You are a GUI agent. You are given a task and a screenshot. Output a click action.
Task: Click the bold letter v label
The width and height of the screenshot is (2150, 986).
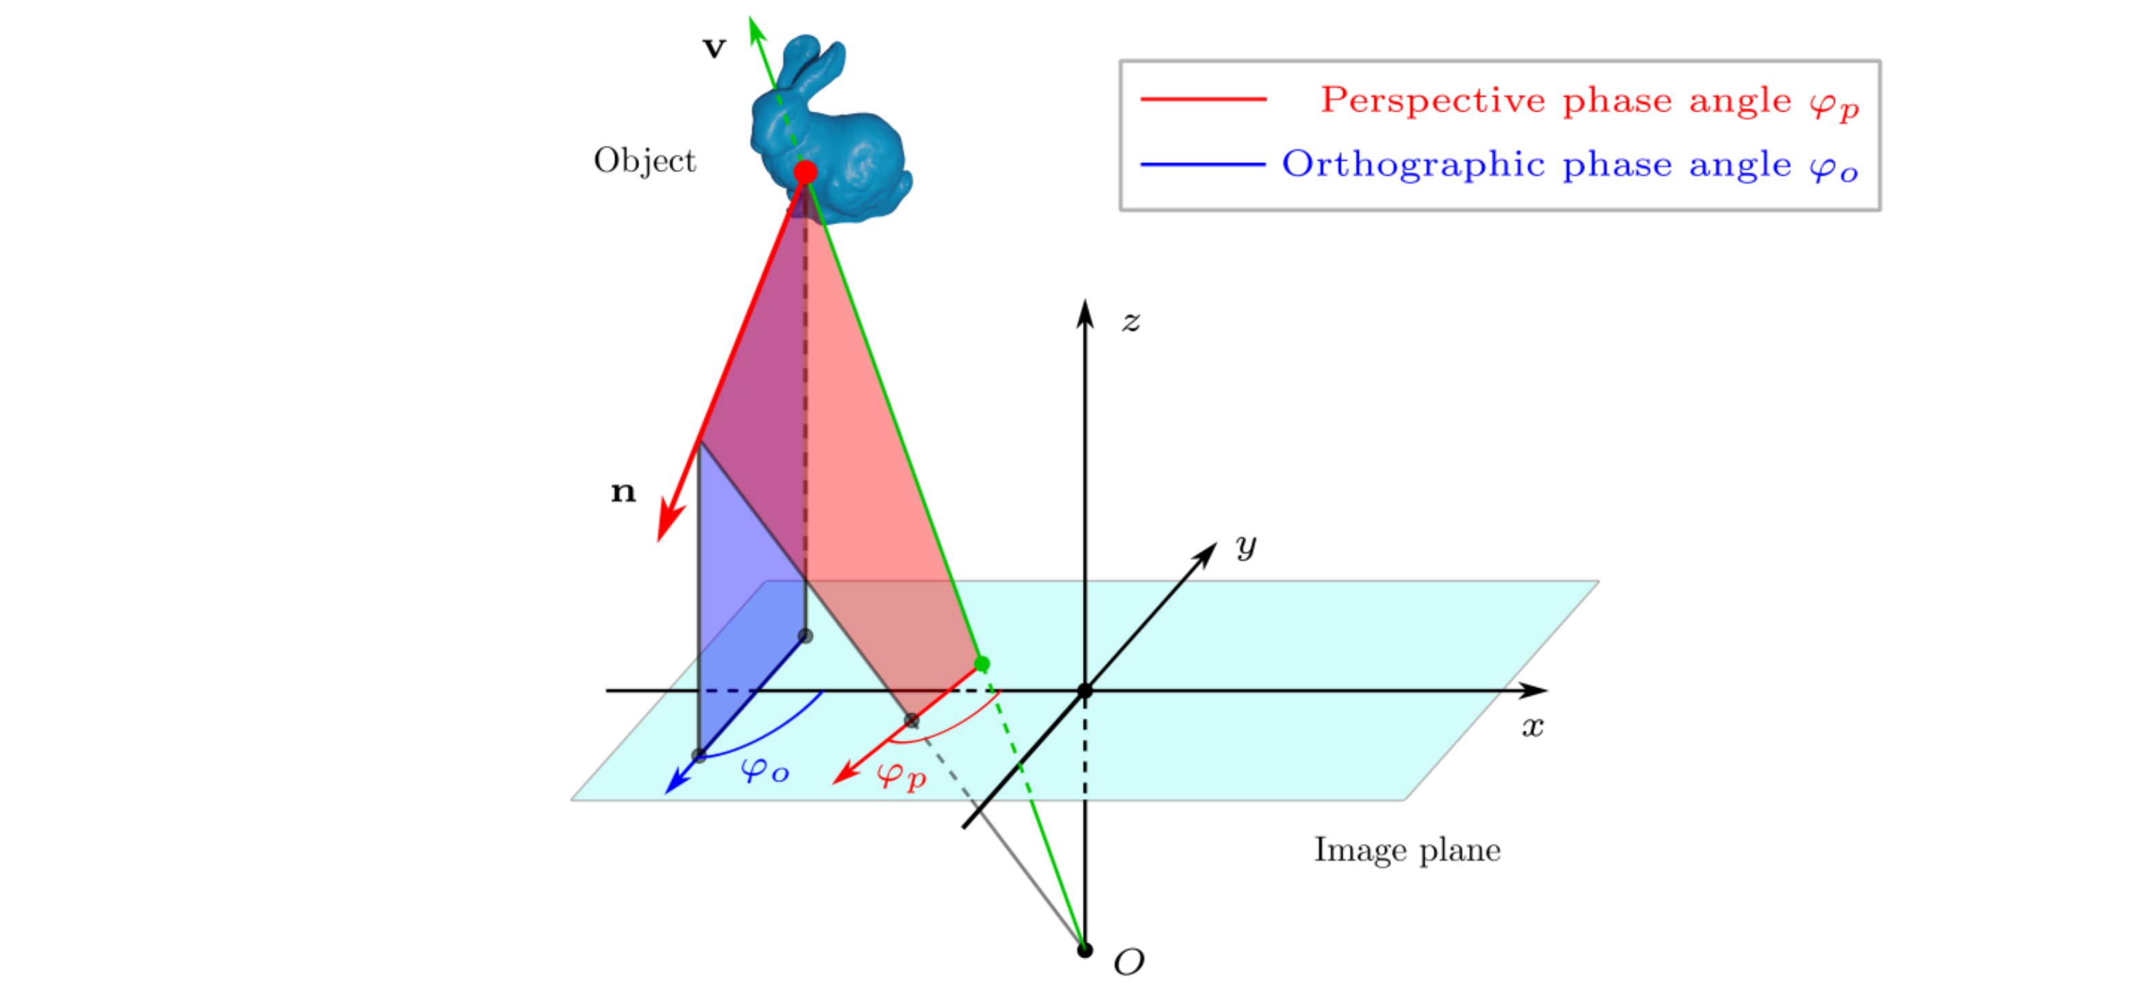pyautogui.click(x=714, y=49)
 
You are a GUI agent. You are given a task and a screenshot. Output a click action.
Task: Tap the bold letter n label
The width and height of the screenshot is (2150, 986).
pyautogui.click(x=623, y=492)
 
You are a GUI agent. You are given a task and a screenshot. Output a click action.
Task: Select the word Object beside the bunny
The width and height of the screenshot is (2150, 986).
pyautogui.click(x=645, y=160)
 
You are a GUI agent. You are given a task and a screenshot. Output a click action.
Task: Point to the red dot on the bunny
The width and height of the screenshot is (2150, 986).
pyautogui.click(x=805, y=173)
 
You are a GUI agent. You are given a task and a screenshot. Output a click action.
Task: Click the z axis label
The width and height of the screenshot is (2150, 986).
pyautogui.click(x=1131, y=321)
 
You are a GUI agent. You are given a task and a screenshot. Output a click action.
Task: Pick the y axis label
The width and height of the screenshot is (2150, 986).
pyautogui.click(x=1245, y=546)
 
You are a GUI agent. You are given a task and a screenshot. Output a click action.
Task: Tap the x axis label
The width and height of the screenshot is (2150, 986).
pyautogui.click(x=1532, y=726)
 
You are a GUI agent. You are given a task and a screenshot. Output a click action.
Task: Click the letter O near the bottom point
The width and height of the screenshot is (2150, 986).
pyautogui.click(x=1128, y=963)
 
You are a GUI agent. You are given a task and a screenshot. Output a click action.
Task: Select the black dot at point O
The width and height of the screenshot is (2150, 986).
pyautogui.click(x=1084, y=950)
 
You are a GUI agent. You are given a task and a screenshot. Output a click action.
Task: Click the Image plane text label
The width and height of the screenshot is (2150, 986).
pyautogui.click(x=1407, y=850)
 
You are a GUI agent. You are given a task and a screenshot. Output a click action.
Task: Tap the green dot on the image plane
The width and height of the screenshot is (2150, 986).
pyautogui.click(x=982, y=664)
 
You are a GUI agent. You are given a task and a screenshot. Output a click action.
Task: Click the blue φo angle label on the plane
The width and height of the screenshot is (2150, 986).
pyautogui.click(x=764, y=769)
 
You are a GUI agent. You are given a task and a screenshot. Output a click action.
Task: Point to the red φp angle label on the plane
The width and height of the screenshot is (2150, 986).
pyautogui.click(x=901, y=775)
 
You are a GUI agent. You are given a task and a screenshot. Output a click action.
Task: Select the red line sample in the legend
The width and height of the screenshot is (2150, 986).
pyautogui.click(x=1203, y=99)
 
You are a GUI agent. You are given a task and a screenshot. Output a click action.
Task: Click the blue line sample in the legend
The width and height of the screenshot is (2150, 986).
pyautogui.click(x=1203, y=164)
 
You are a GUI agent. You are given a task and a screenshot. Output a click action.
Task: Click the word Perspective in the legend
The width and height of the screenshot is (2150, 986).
pyautogui.click(x=1432, y=100)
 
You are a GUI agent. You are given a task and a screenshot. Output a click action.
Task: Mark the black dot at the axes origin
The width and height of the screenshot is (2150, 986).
pyautogui.click(x=1084, y=691)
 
